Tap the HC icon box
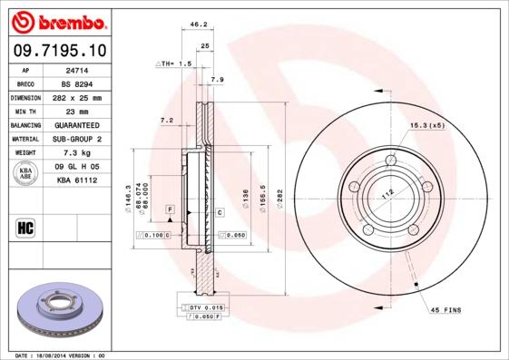point(24,227)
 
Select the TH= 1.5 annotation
point(174,64)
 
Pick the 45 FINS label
point(445,310)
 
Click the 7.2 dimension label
point(166,119)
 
